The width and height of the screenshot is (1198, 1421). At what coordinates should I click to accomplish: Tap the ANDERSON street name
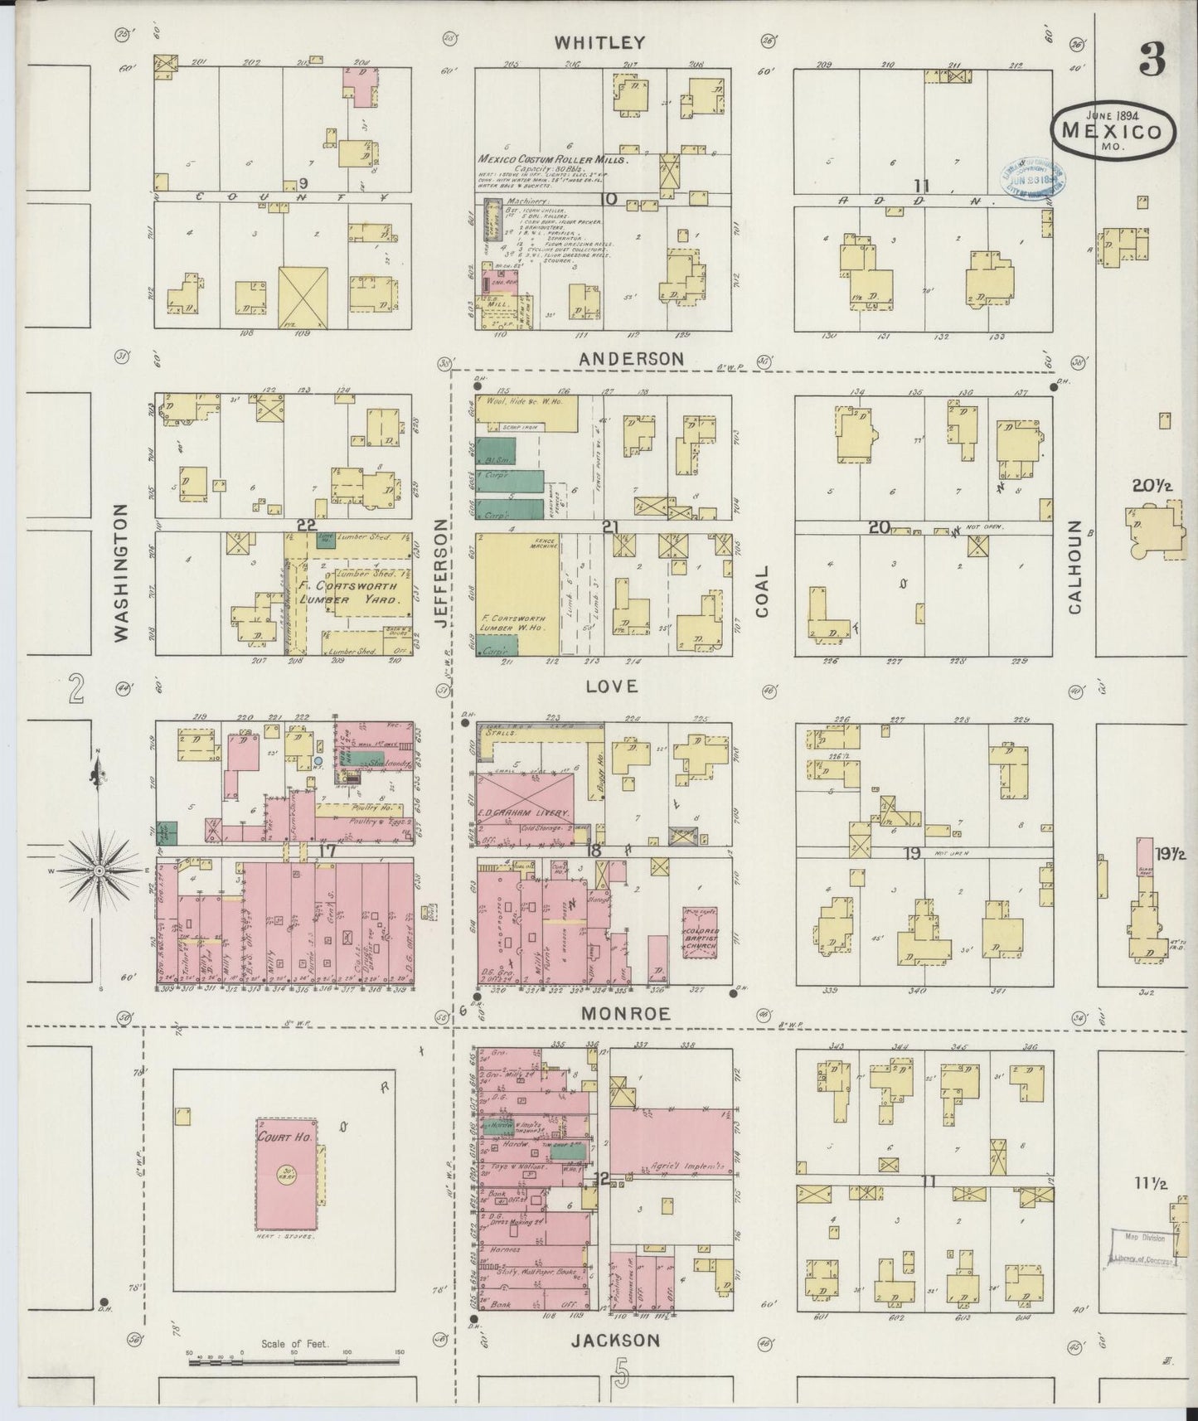pos(632,359)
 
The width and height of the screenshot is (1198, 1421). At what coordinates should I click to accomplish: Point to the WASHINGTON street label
pos(121,572)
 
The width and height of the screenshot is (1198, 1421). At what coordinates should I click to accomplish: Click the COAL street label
pos(762,591)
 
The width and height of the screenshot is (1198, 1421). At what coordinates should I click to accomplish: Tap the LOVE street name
pos(611,686)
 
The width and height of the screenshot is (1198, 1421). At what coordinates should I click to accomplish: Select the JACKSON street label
pos(617,1341)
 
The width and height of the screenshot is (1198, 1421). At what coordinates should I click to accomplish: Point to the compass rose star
pos(99,871)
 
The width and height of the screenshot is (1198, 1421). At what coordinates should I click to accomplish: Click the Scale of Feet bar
pos(294,1361)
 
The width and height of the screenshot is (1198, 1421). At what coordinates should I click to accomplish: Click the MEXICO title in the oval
pos(1113,129)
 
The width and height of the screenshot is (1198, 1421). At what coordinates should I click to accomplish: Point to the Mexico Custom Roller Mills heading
pos(553,159)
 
